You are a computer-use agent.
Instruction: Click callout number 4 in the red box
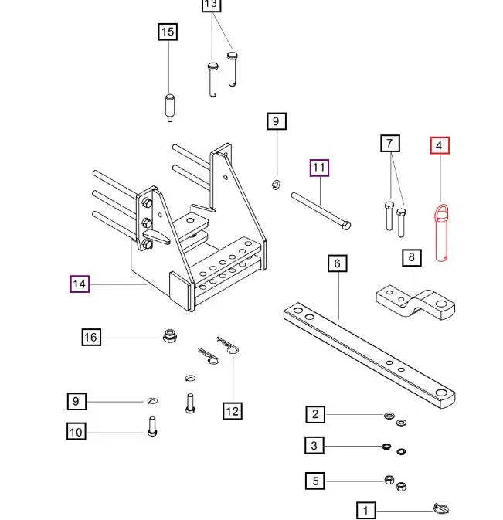(x=439, y=144)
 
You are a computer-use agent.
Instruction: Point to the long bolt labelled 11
(x=321, y=210)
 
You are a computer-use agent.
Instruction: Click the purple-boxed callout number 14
(x=80, y=284)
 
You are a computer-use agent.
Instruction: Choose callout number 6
(x=337, y=263)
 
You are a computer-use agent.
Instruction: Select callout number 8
(x=412, y=257)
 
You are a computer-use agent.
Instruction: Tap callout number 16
(x=91, y=337)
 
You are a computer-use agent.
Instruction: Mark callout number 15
(x=168, y=32)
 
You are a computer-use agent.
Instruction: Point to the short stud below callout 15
(x=168, y=107)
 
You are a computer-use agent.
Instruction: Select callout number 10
(x=76, y=432)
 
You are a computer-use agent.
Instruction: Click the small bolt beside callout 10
(x=151, y=427)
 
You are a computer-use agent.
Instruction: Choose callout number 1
(x=365, y=510)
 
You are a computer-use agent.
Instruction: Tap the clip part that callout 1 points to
(x=441, y=509)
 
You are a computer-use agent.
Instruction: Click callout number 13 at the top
(x=211, y=5)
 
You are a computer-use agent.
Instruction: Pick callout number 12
(x=233, y=411)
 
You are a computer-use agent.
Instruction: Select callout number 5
(x=314, y=481)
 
